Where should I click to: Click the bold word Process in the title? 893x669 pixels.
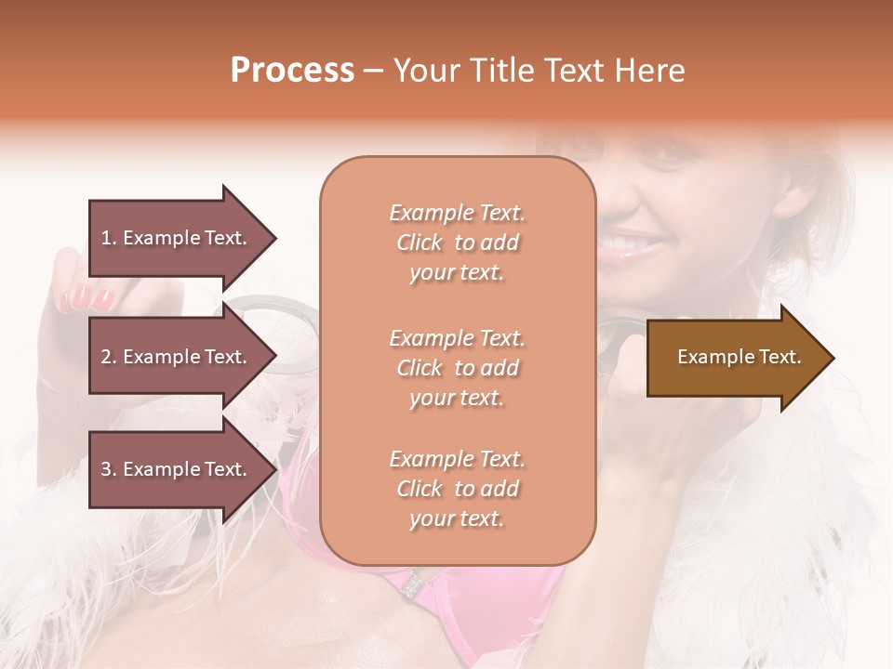click(292, 71)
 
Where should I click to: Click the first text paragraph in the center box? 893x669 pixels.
click(457, 243)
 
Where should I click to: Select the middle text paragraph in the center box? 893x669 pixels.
click(457, 368)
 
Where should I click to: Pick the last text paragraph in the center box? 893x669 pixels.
click(457, 489)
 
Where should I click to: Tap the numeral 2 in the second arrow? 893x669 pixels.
click(105, 357)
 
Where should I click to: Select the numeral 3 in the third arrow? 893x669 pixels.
click(105, 469)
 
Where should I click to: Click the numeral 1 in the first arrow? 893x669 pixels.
click(105, 238)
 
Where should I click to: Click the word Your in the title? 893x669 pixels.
click(422, 71)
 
